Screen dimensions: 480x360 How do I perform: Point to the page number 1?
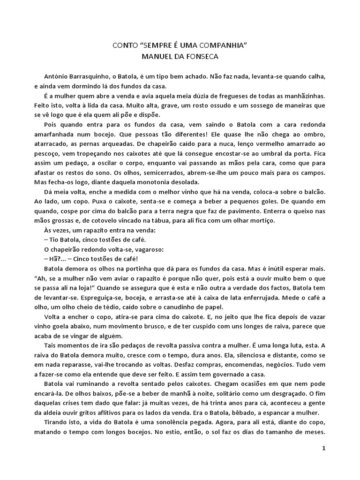coord(323,448)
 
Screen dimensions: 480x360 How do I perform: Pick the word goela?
coord(67,327)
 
